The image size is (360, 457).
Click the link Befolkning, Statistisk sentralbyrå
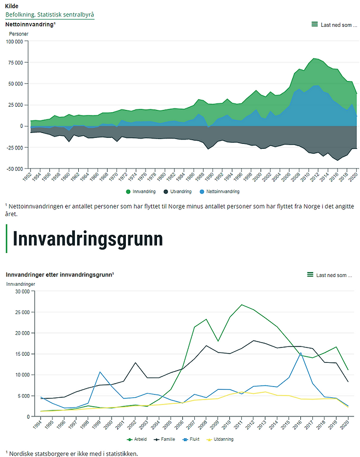pos(50,14)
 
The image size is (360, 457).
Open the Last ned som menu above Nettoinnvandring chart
pos(332,25)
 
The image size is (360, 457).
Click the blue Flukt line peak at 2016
pos(300,353)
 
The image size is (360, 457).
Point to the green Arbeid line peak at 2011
pos(242,305)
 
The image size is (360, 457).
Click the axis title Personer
pos(19,34)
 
